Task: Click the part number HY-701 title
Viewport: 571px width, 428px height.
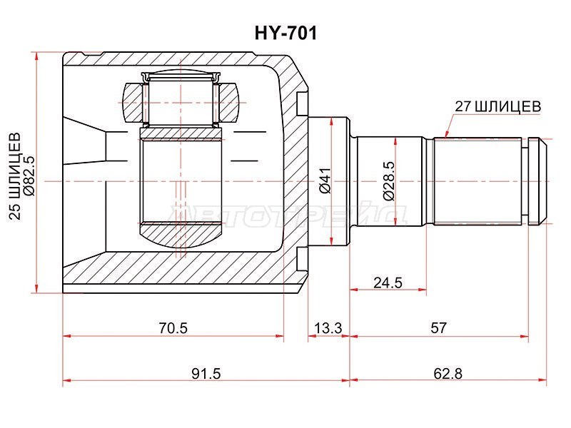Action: click(x=285, y=33)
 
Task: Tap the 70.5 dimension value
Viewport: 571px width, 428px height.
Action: click(x=173, y=328)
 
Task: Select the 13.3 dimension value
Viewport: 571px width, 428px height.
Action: click(x=328, y=328)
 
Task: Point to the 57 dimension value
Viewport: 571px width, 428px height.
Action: click(x=438, y=328)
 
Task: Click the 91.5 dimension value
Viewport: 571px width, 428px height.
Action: click(x=206, y=374)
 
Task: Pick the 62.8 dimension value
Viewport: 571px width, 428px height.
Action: click(x=448, y=374)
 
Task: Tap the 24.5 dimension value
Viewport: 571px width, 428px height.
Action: click(x=388, y=282)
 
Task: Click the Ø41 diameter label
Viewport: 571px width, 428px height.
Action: click(x=325, y=180)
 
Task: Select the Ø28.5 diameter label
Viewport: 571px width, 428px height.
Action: click(x=388, y=181)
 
